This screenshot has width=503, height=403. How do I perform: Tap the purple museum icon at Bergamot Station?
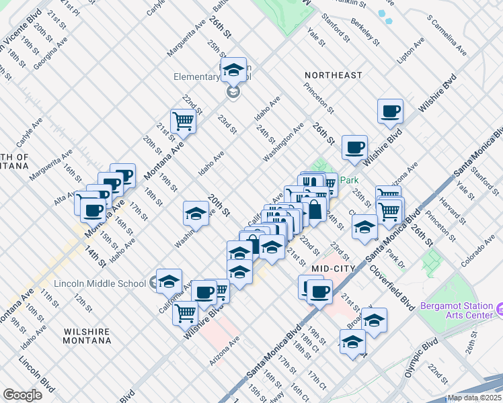pyautogui.click(x=499, y=310)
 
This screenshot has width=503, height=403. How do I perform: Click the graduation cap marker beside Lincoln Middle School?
pyautogui.click(x=169, y=280)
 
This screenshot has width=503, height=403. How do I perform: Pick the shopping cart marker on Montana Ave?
pyautogui.click(x=182, y=121)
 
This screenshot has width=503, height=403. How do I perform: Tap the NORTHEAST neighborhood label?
pyautogui.click(x=333, y=75)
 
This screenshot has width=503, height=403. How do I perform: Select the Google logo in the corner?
pyautogui.click(x=22, y=395)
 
